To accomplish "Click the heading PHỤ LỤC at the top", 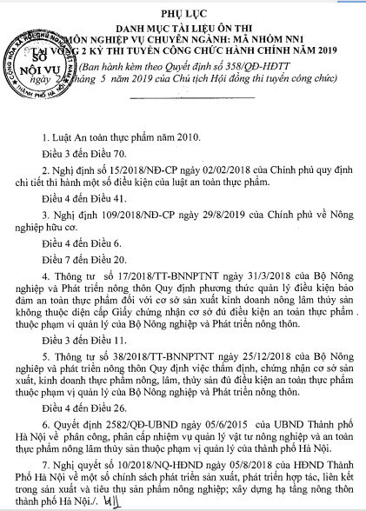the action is [183, 14].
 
